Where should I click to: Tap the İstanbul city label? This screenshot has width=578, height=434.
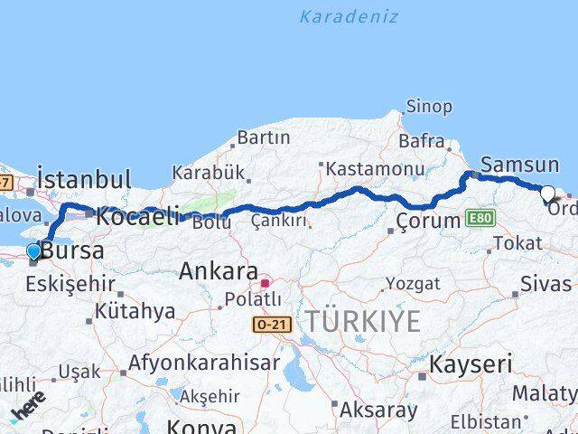[84, 178]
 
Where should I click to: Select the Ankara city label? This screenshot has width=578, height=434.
[219, 270]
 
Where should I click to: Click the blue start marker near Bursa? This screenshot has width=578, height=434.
[34, 250]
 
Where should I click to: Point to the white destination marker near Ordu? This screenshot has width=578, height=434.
[547, 193]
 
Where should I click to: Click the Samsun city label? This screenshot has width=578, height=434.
[519, 165]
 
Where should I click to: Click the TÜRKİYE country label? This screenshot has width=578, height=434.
[362, 321]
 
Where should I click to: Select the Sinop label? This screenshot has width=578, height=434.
[428, 107]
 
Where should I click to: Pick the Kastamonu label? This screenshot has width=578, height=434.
[375, 168]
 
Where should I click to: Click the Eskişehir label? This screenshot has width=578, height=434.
[70, 284]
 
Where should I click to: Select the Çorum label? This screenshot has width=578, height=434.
[429, 220]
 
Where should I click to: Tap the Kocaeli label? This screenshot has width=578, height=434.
[137, 217]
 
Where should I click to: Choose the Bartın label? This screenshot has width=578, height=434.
[263, 137]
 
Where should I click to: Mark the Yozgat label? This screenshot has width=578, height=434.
[413, 283]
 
